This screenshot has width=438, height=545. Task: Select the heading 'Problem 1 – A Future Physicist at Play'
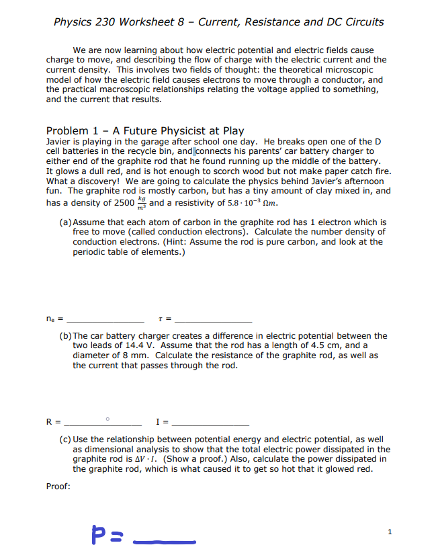[x=144, y=130]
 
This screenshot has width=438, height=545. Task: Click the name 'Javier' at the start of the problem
[x=59, y=142]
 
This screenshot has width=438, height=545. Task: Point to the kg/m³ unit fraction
[x=140, y=202]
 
